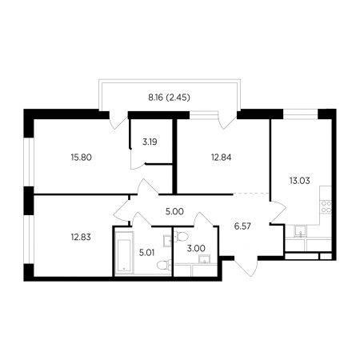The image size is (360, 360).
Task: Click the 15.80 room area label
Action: [x=82, y=158]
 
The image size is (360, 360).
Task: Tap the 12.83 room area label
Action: [x=81, y=237]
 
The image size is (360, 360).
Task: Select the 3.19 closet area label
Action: [x=150, y=142]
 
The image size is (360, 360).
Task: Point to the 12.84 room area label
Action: [x=222, y=158]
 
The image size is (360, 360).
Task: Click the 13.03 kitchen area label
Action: [x=300, y=181]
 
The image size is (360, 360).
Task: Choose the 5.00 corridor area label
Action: [x=174, y=212]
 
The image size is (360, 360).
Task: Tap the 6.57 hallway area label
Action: [x=242, y=226]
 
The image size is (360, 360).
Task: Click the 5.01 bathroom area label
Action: [x=147, y=252]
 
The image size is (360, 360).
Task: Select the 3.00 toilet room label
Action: [x=196, y=248]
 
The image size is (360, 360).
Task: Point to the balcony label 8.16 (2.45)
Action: [x=169, y=98]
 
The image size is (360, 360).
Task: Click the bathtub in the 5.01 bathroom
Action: [x=124, y=253]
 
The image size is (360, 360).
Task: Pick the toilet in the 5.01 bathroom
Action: [x=164, y=265]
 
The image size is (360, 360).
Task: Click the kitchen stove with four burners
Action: [x=326, y=206]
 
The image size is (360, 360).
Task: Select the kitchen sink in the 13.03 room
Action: [x=301, y=231]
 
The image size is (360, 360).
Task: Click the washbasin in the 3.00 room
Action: [x=205, y=259]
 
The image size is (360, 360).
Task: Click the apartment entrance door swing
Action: [x=246, y=266]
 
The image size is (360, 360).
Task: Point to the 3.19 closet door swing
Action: [x=138, y=159]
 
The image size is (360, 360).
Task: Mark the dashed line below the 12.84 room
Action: [x=251, y=193]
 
